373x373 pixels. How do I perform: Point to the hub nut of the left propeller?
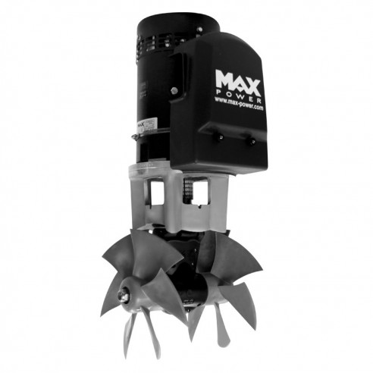click(x=123, y=290)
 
